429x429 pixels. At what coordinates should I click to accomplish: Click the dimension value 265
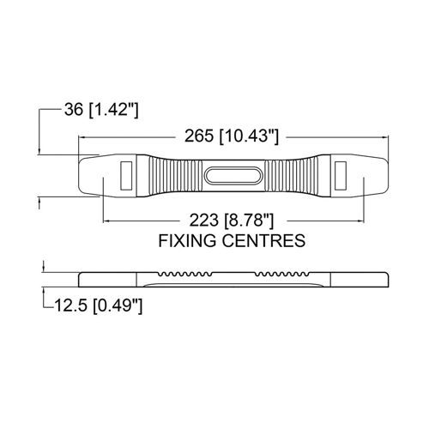[x=199, y=136]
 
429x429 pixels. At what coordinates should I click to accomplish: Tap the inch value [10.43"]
[x=249, y=136]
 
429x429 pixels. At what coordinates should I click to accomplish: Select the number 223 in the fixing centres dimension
[x=203, y=221]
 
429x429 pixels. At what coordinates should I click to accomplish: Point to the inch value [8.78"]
[x=249, y=221]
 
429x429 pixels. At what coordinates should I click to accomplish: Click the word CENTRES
[x=263, y=240]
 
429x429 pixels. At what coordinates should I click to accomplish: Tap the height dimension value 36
[x=74, y=109]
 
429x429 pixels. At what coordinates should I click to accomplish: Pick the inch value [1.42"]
[x=113, y=110]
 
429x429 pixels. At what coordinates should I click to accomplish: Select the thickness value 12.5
[x=70, y=305]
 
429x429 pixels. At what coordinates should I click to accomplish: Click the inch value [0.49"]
[x=118, y=305]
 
